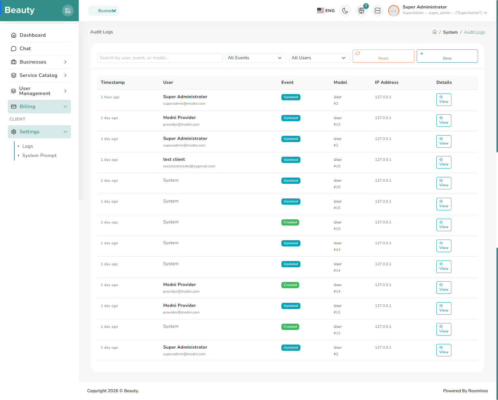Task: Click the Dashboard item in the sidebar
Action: (x=32, y=35)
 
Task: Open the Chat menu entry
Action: (x=25, y=49)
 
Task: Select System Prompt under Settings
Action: (x=39, y=155)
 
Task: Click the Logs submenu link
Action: (x=27, y=146)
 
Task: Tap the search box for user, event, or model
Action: (x=160, y=58)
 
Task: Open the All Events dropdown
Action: (x=255, y=58)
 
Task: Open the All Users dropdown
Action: (x=319, y=58)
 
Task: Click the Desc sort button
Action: (x=447, y=56)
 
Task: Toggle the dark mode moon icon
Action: (x=345, y=11)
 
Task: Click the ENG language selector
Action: (x=326, y=11)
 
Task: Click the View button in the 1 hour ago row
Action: (x=444, y=100)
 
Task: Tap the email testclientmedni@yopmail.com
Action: (x=189, y=166)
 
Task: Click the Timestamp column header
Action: (x=113, y=83)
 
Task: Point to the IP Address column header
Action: (x=387, y=83)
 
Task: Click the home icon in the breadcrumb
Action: (x=435, y=32)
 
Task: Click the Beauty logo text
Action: (x=20, y=10)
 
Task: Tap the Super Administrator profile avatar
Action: (x=393, y=11)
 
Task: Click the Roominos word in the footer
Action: (x=478, y=391)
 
